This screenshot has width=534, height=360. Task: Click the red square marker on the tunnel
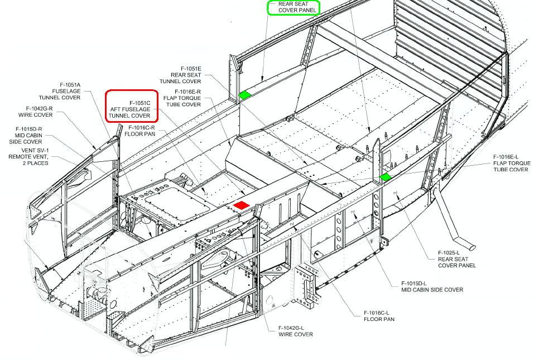pos(242,205)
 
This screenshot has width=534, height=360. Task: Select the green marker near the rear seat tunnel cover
pos(245,95)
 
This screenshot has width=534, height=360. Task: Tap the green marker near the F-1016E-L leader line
pos(386,177)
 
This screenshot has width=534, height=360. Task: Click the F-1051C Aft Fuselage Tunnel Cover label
pos(130,109)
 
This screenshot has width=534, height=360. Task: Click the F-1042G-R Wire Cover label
pos(36,112)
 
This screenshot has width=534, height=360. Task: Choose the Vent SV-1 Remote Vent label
pos(28,157)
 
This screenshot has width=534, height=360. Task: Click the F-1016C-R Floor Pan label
pos(140,131)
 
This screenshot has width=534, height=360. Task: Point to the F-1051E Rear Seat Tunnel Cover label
pos(180,75)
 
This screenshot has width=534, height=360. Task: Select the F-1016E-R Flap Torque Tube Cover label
pos(182,98)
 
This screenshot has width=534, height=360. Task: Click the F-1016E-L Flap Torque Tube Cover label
pos(512,163)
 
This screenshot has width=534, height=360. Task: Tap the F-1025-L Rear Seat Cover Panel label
pos(456,259)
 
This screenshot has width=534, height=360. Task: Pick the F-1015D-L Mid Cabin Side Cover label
pos(432,287)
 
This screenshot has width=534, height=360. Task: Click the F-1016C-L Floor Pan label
pos(379,316)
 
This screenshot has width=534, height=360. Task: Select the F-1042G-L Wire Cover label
pos(295,332)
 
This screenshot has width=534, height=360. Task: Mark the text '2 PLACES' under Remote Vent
pos(33,163)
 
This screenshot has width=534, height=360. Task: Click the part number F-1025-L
pos(449,253)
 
